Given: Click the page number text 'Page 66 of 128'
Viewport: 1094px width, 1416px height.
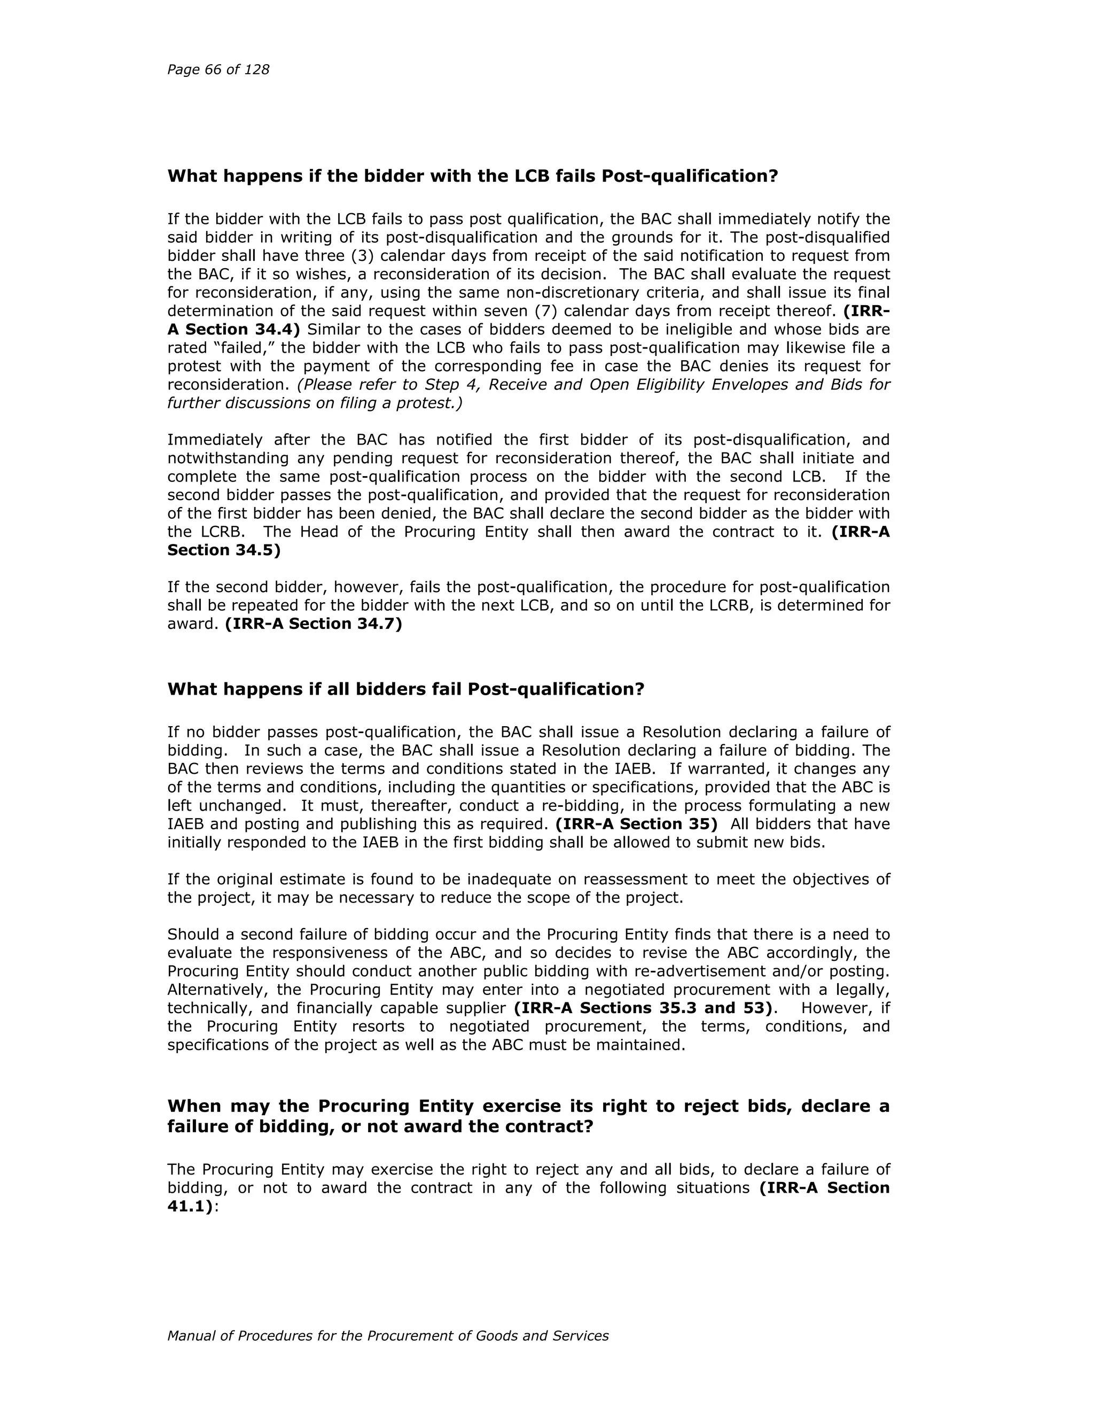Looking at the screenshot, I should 218,69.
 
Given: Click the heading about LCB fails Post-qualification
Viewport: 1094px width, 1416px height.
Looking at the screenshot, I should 472,176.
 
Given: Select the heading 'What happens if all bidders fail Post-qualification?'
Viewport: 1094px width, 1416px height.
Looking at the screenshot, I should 406,689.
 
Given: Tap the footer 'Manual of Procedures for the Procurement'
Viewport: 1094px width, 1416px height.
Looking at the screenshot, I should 388,1336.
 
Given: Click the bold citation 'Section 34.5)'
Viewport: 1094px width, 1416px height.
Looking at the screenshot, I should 224,550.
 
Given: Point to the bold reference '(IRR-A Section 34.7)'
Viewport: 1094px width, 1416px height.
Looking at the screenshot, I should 314,624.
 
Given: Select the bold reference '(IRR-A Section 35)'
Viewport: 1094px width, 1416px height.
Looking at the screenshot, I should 636,824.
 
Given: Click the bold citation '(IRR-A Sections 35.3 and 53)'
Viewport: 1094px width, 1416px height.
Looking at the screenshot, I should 644,1008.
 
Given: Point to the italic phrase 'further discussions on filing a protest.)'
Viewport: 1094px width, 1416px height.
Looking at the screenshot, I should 315,403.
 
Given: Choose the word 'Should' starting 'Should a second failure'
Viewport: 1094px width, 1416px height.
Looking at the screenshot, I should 192,934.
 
